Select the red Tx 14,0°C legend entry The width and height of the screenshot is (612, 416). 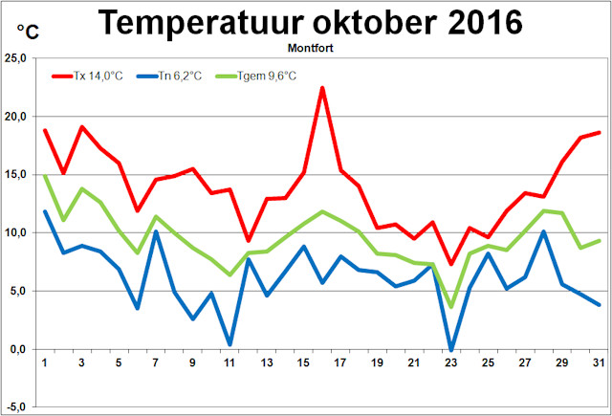tap(97, 75)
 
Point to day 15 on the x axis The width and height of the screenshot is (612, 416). tap(303, 363)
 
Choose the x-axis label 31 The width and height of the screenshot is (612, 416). tap(599, 363)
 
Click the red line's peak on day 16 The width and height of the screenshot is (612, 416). tap(322, 88)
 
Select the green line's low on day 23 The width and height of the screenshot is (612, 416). tap(451, 307)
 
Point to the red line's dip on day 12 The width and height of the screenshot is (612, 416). tap(248, 241)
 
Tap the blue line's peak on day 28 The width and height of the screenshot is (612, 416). tap(543, 231)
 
